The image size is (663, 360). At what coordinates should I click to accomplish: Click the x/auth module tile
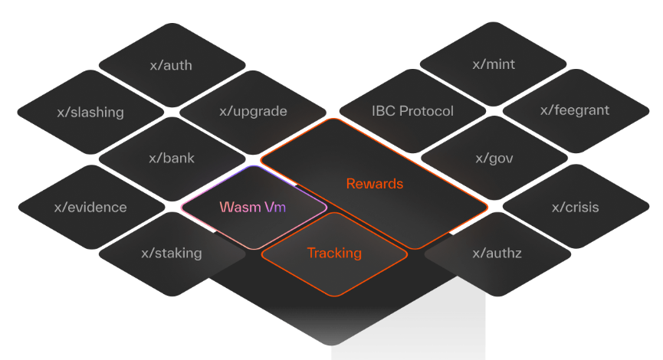171,65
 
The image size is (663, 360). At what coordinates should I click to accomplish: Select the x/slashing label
90,113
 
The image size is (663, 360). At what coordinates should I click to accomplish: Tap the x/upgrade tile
253,111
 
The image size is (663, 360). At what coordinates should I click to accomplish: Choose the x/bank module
172,159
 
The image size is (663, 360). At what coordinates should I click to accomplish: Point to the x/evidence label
90,207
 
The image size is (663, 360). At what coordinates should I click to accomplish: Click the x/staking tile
172,253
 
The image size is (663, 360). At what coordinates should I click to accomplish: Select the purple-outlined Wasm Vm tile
253,207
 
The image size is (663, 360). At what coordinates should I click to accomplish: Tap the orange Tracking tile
334,253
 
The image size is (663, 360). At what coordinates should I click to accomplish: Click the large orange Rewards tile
374,184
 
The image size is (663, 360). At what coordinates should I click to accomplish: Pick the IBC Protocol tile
412,111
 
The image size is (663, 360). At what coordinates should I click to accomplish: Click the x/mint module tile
494,64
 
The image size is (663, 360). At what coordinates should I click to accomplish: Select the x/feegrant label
575,110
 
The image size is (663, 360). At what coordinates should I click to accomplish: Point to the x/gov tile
494,159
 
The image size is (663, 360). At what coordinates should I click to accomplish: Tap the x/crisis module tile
576,207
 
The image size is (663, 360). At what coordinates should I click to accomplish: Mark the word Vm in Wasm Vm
274,207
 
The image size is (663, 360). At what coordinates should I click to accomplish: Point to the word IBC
385,111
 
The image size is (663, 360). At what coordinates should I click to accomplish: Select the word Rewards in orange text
374,184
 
